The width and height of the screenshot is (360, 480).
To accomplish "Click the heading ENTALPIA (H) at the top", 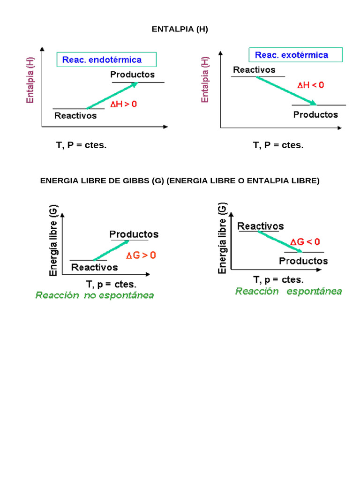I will pyautogui.click(x=180, y=30).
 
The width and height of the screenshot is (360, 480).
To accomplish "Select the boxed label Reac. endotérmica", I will pyautogui.click(x=106, y=60).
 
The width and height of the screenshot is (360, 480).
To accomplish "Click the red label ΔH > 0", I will pyautogui.click(x=124, y=105).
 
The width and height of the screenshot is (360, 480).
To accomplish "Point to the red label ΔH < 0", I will pyautogui.click(x=310, y=85).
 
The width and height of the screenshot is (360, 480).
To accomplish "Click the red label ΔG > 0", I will pyautogui.click(x=141, y=255).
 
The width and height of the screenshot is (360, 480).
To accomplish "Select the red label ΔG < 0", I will pyautogui.click(x=305, y=242).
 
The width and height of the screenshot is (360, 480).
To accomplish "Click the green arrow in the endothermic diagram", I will pyautogui.click(x=112, y=95).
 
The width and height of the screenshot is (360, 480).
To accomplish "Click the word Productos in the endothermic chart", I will pyautogui.click(x=133, y=75).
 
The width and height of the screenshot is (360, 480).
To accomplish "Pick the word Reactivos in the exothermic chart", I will pyautogui.click(x=254, y=70).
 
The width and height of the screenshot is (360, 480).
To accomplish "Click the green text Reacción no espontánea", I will pyautogui.click(x=95, y=296).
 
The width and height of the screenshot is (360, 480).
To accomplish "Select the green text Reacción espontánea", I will pyautogui.click(x=288, y=291).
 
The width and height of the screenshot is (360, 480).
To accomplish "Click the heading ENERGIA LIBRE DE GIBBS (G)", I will pyautogui.click(x=180, y=181).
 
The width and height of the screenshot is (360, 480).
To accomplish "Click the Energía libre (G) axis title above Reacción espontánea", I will pyautogui.click(x=223, y=238).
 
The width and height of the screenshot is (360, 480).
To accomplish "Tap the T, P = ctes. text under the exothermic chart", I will pyautogui.click(x=278, y=145).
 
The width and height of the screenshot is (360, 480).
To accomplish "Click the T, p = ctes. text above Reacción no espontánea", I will pyautogui.click(x=111, y=284).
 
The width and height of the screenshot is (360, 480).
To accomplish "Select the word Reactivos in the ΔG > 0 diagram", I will pyautogui.click(x=95, y=267).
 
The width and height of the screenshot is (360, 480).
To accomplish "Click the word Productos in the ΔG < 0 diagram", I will pyautogui.click(x=304, y=261).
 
